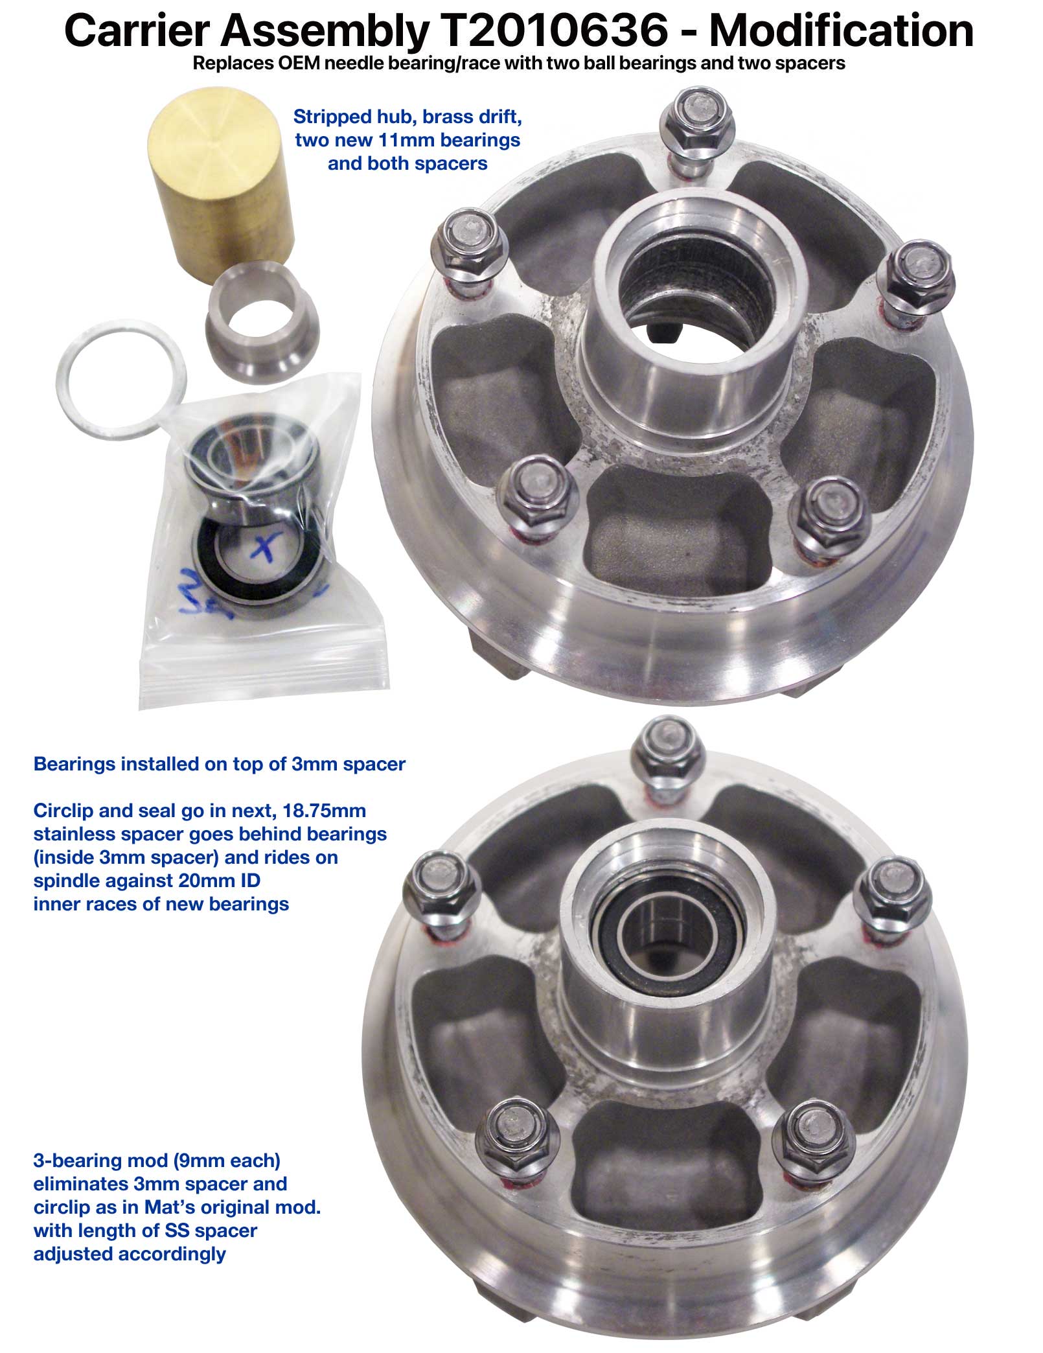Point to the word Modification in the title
click(842, 30)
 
